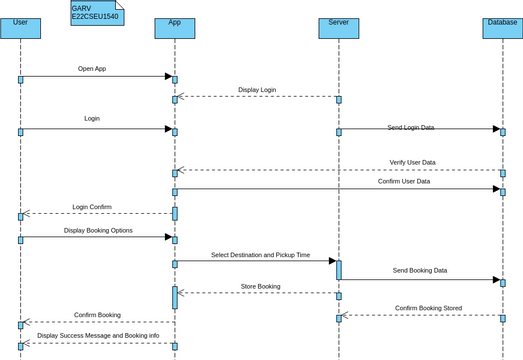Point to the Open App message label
coord(92,69)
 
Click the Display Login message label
coord(257,90)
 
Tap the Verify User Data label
coord(418,162)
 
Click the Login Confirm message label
coord(92,207)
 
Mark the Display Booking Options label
coord(98,230)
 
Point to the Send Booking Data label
coord(420,271)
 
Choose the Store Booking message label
coord(260,287)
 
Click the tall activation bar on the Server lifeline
coord(339,270)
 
